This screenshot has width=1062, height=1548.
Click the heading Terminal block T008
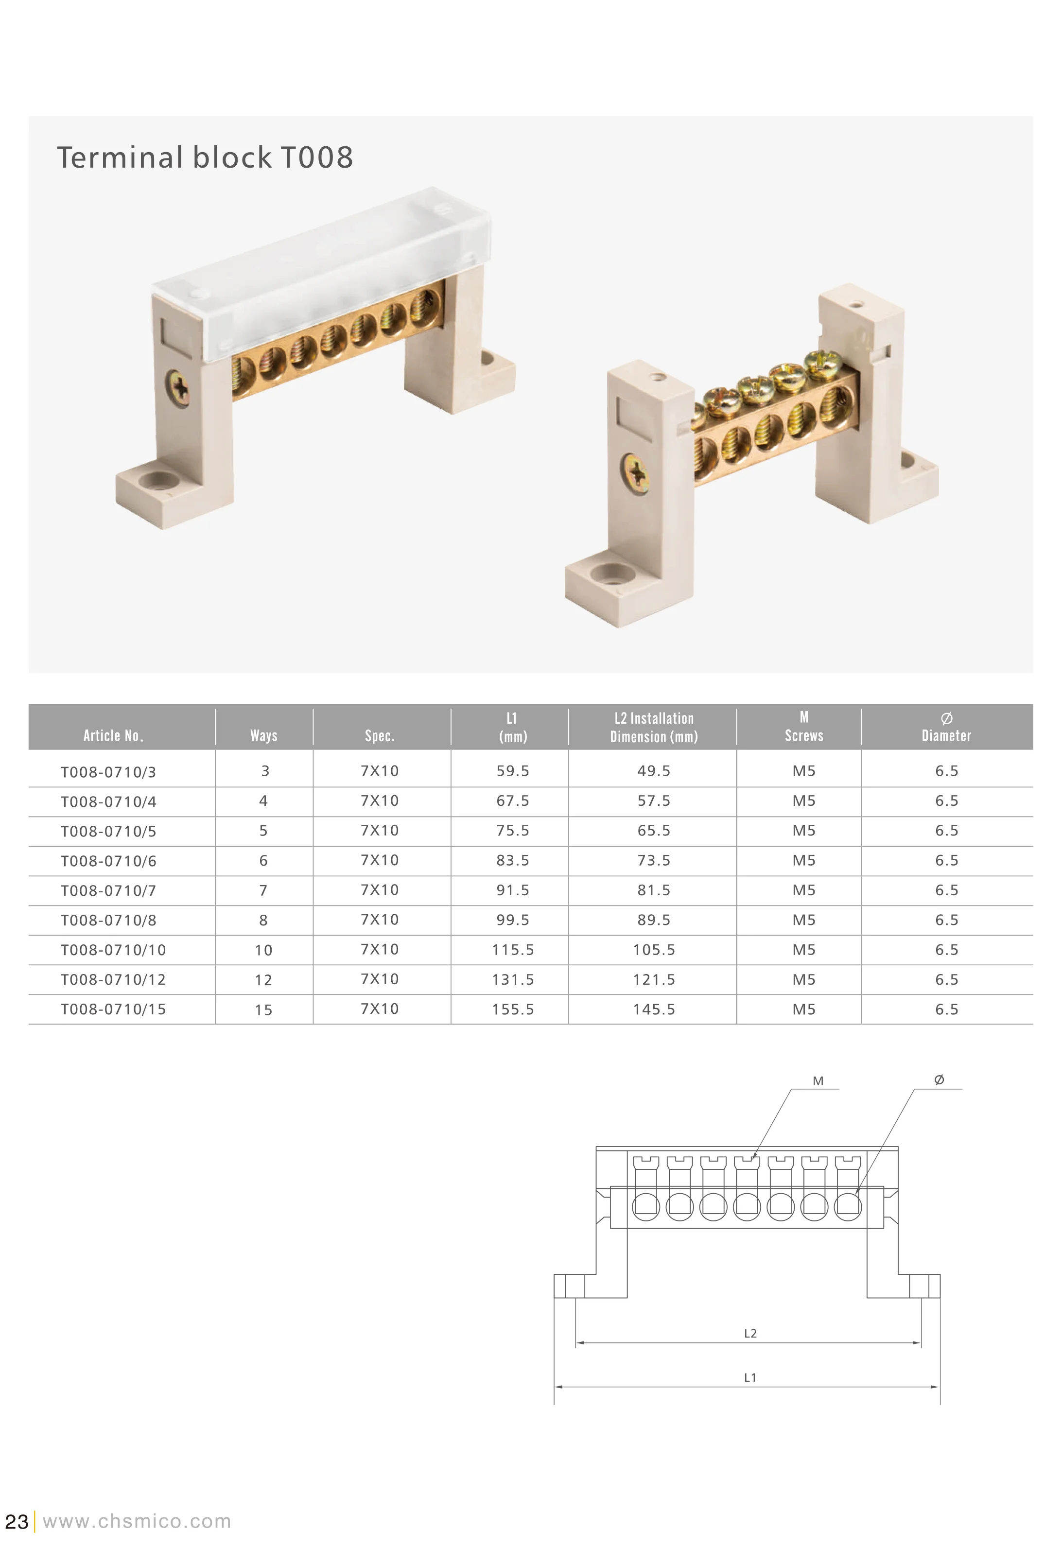tap(205, 158)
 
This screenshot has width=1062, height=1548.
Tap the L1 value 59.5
tap(512, 771)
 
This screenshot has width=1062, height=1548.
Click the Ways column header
tap(264, 735)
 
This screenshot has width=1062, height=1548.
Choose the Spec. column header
tap(380, 735)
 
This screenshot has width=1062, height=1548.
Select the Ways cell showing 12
tap(264, 980)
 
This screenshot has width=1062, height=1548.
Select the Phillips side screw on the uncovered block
tap(636, 473)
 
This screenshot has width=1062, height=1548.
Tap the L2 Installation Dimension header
tap(654, 728)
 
